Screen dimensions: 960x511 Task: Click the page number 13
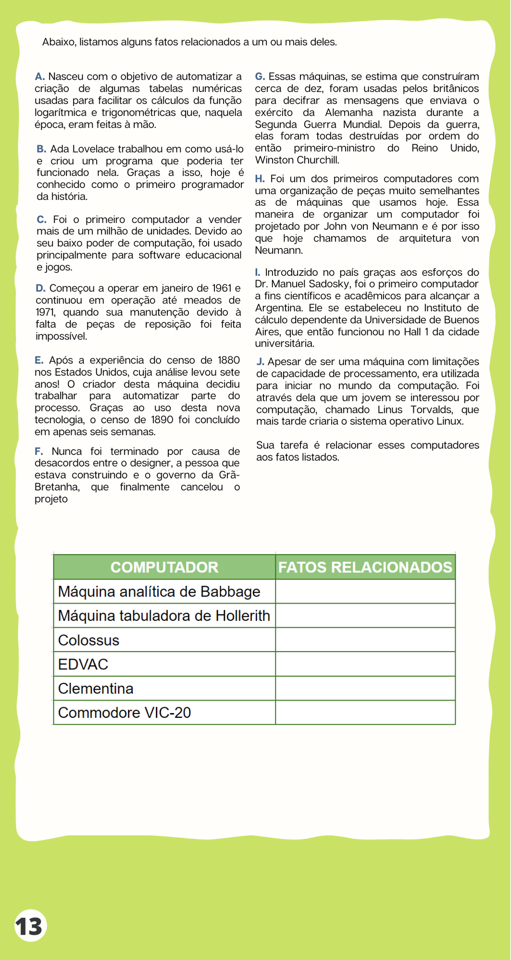coord(29,925)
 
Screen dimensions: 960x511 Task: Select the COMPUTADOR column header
coord(164,567)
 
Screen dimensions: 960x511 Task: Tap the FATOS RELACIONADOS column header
coord(365,567)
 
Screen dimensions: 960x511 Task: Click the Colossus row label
coord(88,640)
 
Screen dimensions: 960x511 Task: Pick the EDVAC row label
coord(83,664)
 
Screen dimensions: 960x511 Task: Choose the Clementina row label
coord(96,689)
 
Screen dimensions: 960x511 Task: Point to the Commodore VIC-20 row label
coord(125,712)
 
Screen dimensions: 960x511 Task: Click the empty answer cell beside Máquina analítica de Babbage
coord(365,591)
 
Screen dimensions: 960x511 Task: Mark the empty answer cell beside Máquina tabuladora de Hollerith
coord(365,615)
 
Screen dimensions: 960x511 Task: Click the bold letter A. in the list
coord(40,76)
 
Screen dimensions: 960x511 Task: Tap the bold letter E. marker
coord(39,360)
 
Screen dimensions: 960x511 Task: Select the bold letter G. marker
coord(260,76)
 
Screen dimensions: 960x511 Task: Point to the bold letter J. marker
coord(261,362)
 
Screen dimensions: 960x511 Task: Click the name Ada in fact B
coord(60,149)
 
